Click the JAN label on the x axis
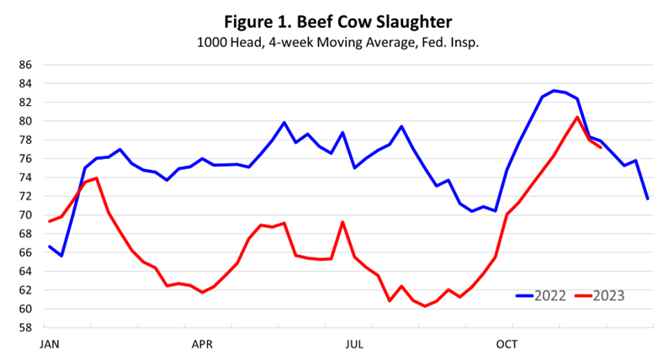[50, 345]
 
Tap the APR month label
[202, 345]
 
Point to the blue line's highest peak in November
[554, 90]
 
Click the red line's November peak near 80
[577, 117]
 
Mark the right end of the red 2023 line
[600, 147]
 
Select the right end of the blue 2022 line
[647, 199]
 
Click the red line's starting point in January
[50, 221]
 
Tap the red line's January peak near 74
[97, 177]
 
